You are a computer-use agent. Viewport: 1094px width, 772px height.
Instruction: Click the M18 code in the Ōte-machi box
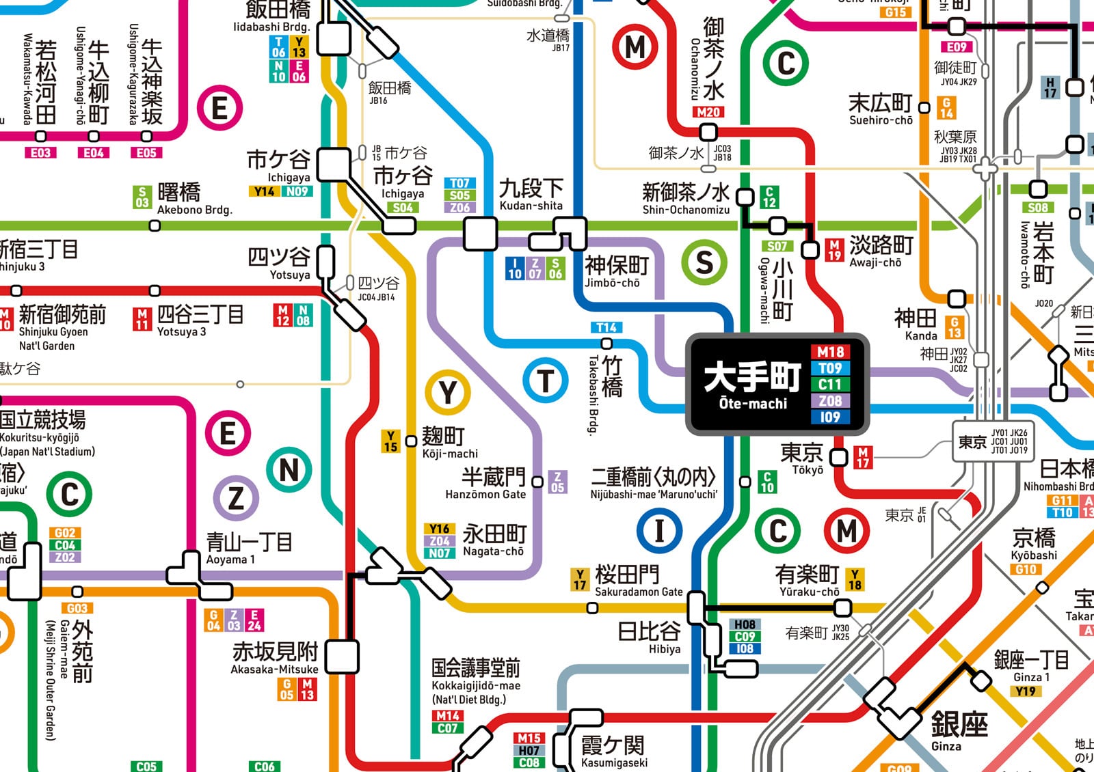click(x=830, y=352)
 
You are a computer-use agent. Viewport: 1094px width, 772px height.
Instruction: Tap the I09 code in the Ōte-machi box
click(x=830, y=417)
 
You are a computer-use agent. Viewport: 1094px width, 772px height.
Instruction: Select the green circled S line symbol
click(x=704, y=262)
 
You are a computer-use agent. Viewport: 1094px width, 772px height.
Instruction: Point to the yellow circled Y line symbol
click(x=447, y=393)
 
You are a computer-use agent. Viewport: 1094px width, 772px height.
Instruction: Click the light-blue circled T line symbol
click(x=545, y=381)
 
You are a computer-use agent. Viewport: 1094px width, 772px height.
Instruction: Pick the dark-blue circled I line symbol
click(x=659, y=530)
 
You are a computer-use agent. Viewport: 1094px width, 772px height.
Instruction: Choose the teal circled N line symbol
click(x=289, y=470)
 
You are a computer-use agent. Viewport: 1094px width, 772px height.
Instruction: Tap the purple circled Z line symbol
click(x=235, y=498)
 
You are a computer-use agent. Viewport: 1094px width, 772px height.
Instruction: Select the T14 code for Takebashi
click(x=606, y=327)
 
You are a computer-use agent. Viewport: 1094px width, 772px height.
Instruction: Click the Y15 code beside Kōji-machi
click(x=390, y=441)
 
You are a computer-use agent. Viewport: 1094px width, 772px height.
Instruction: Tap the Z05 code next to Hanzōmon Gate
click(x=558, y=482)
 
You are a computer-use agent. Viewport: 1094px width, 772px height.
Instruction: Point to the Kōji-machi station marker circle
click(x=411, y=441)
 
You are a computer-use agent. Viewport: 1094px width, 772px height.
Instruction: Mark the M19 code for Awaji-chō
click(x=834, y=250)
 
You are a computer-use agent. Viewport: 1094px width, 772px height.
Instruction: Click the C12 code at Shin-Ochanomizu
click(x=769, y=197)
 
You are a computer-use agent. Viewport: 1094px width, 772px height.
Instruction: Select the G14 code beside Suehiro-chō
click(x=946, y=108)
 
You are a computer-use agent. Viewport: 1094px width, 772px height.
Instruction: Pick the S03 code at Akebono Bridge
click(x=142, y=197)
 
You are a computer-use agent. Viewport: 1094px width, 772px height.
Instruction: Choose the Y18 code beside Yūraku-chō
click(x=855, y=579)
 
